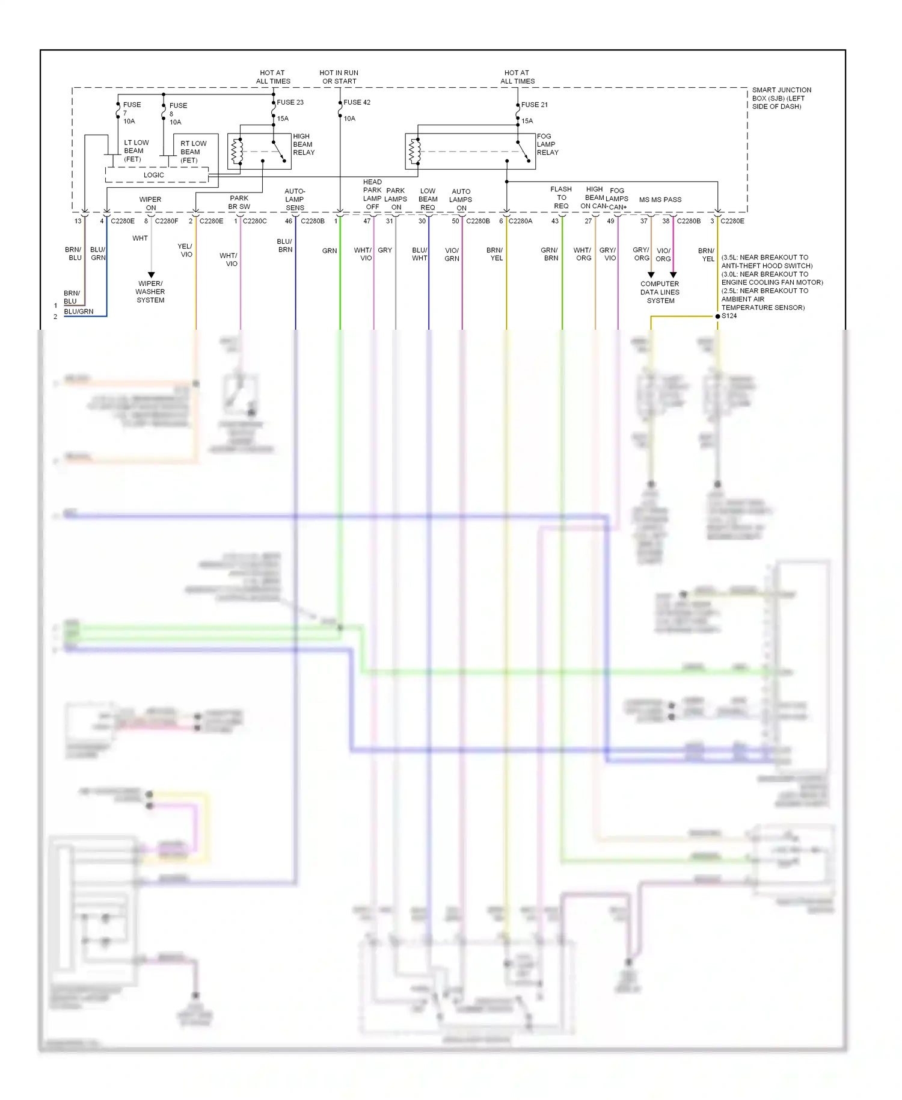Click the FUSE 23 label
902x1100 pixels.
point(290,102)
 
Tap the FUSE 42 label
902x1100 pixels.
point(357,102)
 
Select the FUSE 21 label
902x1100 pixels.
point(534,105)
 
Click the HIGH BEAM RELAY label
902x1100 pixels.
point(304,144)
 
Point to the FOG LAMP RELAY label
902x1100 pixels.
point(547,144)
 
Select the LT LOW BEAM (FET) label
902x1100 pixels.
point(136,151)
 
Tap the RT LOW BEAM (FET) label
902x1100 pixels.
point(193,152)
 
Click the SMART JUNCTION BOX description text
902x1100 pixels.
point(781,98)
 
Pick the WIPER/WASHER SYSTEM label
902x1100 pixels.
point(150,292)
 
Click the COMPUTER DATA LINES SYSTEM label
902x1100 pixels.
point(660,292)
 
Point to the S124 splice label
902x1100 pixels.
point(729,316)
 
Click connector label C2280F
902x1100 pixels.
point(167,221)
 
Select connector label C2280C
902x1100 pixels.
point(254,221)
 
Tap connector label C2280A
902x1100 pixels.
point(520,221)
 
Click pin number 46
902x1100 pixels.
point(289,221)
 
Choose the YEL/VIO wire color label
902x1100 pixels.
point(185,250)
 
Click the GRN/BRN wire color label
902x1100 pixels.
point(550,254)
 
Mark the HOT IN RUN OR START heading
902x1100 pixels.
point(339,77)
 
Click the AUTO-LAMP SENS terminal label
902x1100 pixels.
point(295,199)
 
